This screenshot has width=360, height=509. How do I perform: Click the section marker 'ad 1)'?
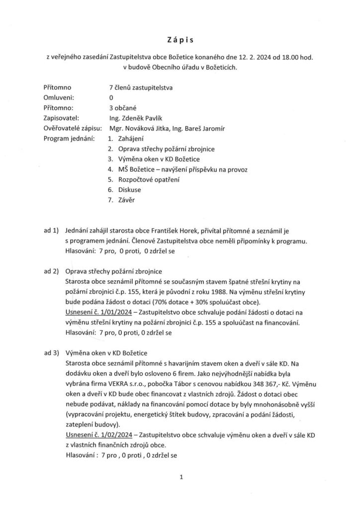(x=51, y=231)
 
